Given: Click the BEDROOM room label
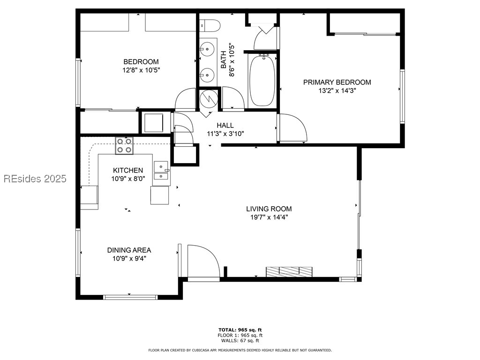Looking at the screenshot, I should click(x=141, y=62).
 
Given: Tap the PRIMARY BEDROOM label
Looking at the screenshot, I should click(x=337, y=82).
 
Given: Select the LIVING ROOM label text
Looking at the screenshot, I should click(x=269, y=209).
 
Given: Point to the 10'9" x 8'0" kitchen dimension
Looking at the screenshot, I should click(x=128, y=178).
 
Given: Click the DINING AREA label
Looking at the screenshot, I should click(x=129, y=250).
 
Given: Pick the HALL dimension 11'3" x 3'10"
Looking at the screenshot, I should click(x=225, y=134).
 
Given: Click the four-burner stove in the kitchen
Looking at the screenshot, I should click(x=124, y=145).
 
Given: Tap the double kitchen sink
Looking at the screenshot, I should click(x=161, y=171).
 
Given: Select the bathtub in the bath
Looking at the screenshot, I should click(x=263, y=81).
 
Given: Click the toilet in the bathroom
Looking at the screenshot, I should click(x=209, y=24).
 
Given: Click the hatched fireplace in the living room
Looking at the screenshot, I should click(x=289, y=272).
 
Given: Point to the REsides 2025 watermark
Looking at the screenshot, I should click(x=35, y=179).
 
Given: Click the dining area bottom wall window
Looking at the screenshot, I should click(x=130, y=297).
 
